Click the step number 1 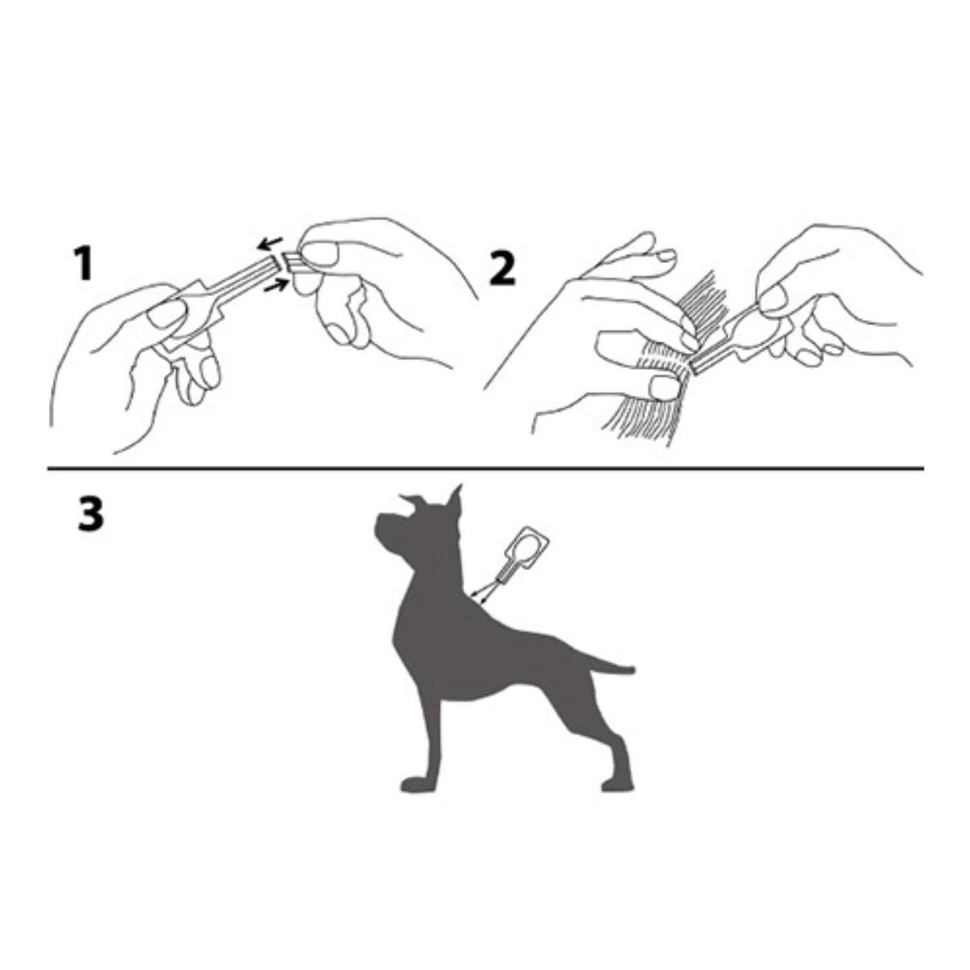[83, 265]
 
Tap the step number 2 [502, 269]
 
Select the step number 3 [90, 515]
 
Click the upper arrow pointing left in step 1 [269, 243]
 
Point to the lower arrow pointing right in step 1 [277, 285]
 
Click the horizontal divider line [486, 467]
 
